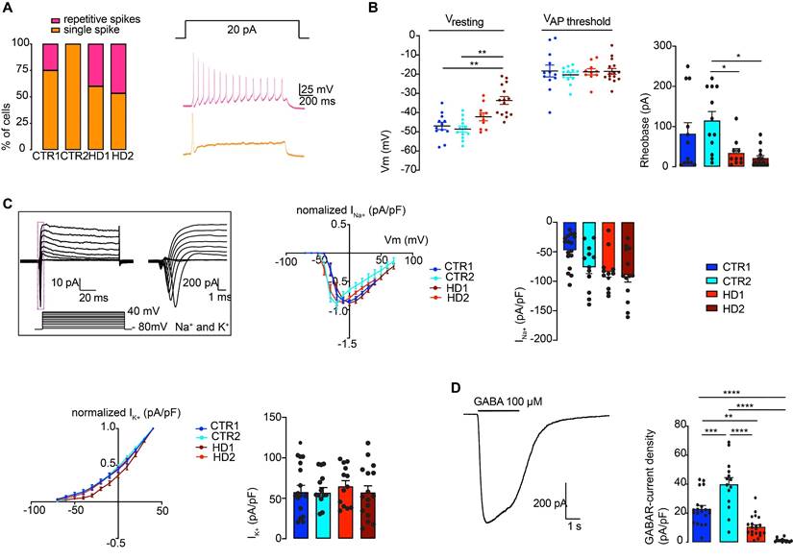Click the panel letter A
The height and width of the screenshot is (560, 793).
[x=10, y=10]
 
